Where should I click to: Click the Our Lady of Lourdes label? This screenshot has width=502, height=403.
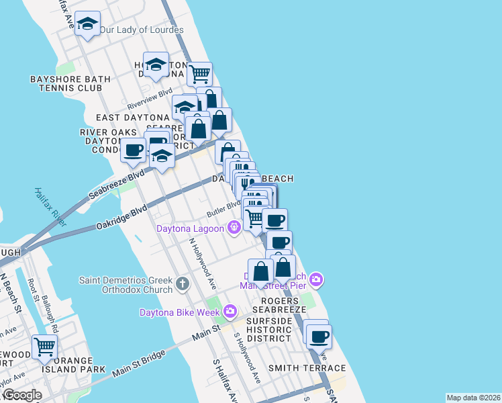(142, 30)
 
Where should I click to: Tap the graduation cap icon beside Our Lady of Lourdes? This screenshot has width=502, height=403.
(87, 24)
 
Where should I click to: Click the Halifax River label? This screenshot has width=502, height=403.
(51, 206)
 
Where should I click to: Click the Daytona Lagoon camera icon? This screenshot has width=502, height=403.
(234, 228)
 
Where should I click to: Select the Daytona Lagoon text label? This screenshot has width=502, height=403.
(190, 228)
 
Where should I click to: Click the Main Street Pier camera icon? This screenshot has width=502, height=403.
(316, 278)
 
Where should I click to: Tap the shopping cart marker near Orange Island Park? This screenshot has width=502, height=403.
(44, 347)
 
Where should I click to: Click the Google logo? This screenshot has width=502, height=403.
(23, 395)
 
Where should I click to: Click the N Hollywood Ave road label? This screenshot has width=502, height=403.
(202, 259)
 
